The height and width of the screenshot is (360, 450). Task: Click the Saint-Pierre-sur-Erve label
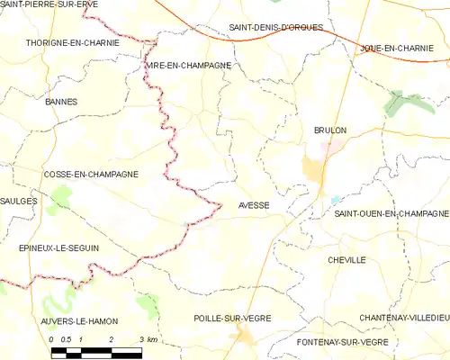coord(49,4)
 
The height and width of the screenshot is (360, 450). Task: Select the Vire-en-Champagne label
coord(188,66)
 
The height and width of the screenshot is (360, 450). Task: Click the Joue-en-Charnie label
coord(402,47)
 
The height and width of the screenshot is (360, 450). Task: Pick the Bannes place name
coord(60,102)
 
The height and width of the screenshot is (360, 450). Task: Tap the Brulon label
coord(330,130)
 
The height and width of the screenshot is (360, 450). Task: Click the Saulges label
coord(19,202)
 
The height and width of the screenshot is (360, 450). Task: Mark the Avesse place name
coord(254,205)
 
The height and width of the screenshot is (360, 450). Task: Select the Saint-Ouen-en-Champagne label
coord(391,213)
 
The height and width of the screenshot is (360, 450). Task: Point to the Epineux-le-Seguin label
coord(58,247)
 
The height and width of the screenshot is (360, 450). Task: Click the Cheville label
coord(348,259)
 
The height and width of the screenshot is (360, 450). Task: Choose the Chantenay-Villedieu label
coord(404,318)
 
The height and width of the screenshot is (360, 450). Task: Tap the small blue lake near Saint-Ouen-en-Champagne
coord(335,201)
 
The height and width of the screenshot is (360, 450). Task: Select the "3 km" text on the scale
coord(147,339)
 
